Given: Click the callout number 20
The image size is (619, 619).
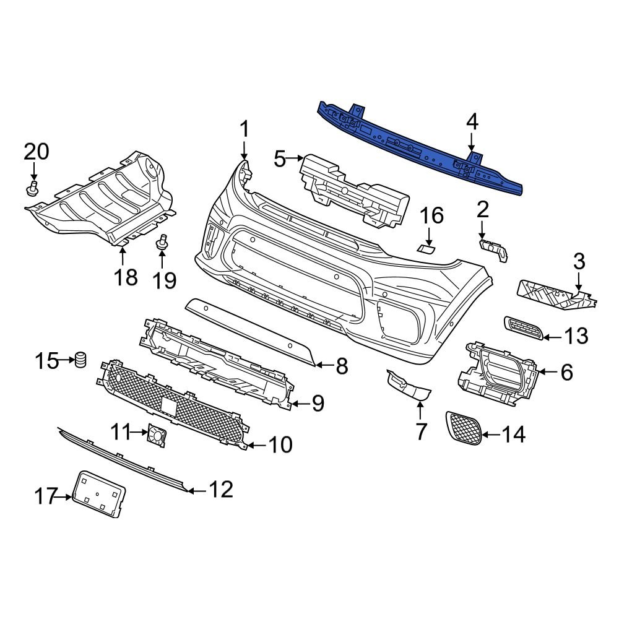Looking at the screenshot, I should click(x=36, y=152).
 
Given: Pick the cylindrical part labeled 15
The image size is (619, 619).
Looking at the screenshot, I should click(x=80, y=360).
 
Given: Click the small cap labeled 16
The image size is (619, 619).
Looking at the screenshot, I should click(x=426, y=249).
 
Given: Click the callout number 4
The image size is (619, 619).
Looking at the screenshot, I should click(x=472, y=122).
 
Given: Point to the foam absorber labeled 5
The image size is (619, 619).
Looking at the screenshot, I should click(x=353, y=189).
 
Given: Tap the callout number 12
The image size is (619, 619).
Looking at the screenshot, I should click(x=220, y=490).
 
